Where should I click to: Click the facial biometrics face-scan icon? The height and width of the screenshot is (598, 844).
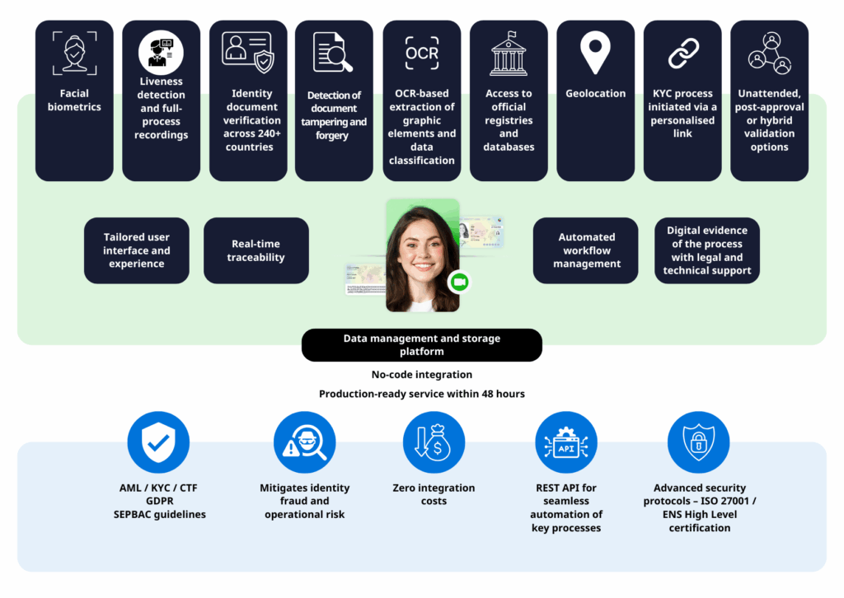pyautogui.click(x=74, y=53)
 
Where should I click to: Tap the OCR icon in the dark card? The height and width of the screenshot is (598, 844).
pyautogui.click(x=422, y=53)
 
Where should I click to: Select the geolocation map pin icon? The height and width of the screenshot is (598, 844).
pyautogui.click(x=595, y=53)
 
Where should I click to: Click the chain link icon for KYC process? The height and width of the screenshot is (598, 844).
pyautogui.click(x=682, y=53)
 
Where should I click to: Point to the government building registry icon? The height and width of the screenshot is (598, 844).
pyautogui.click(x=509, y=54)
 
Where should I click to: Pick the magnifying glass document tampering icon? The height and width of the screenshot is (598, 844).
pyautogui.click(x=333, y=53)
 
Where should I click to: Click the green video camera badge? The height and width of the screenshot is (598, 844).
pyautogui.click(x=458, y=283)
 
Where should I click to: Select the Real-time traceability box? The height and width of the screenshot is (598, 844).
pyautogui.click(x=256, y=250)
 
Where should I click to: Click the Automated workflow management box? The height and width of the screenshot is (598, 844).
pyautogui.click(x=586, y=250)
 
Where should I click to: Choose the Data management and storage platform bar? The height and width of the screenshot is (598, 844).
pyautogui.click(x=422, y=345)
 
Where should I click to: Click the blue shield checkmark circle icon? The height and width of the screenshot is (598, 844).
pyautogui.click(x=159, y=443)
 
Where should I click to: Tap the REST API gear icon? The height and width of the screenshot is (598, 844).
pyautogui.click(x=566, y=443)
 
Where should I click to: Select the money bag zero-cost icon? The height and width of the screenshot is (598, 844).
pyautogui.click(x=434, y=443)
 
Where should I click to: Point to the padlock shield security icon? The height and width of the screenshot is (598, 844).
pyautogui.click(x=698, y=443)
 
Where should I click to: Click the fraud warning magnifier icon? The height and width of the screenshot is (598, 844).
pyautogui.click(x=304, y=443)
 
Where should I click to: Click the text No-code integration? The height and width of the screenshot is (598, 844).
pyautogui.click(x=422, y=376)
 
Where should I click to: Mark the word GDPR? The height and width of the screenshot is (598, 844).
pyautogui.click(x=158, y=502)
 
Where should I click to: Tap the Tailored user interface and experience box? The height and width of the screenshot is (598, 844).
pyautogui.click(x=137, y=250)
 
